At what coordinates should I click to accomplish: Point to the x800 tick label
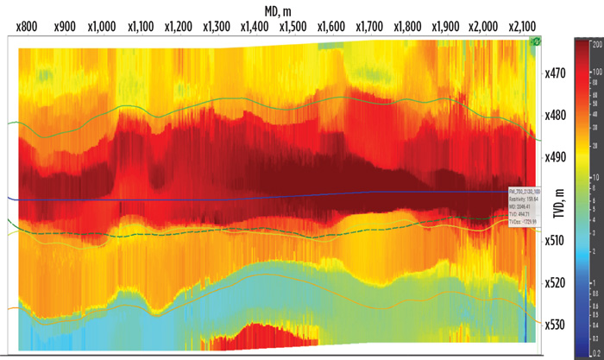(x=28, y=27)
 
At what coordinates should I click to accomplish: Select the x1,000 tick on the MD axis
(x=102, y=27)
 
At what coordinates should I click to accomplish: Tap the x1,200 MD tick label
(x=179, y=27)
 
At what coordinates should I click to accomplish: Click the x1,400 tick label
(x=256, y=27)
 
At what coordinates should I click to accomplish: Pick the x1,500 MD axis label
(x=294, y=27)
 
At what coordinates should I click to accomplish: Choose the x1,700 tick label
(x=371, y=27)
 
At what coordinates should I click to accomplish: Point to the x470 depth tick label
(x=557, y=73)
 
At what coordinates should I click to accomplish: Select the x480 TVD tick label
(x=557, y=115)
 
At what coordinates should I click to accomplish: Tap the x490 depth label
(x=557, y=157)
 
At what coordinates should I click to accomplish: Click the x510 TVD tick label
(x=557, y=241)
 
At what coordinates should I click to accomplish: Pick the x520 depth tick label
(x=557, y=282)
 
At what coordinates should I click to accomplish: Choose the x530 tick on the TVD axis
(x=557, y=325)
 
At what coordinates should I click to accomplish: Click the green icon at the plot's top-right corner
(x=535, y=41)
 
